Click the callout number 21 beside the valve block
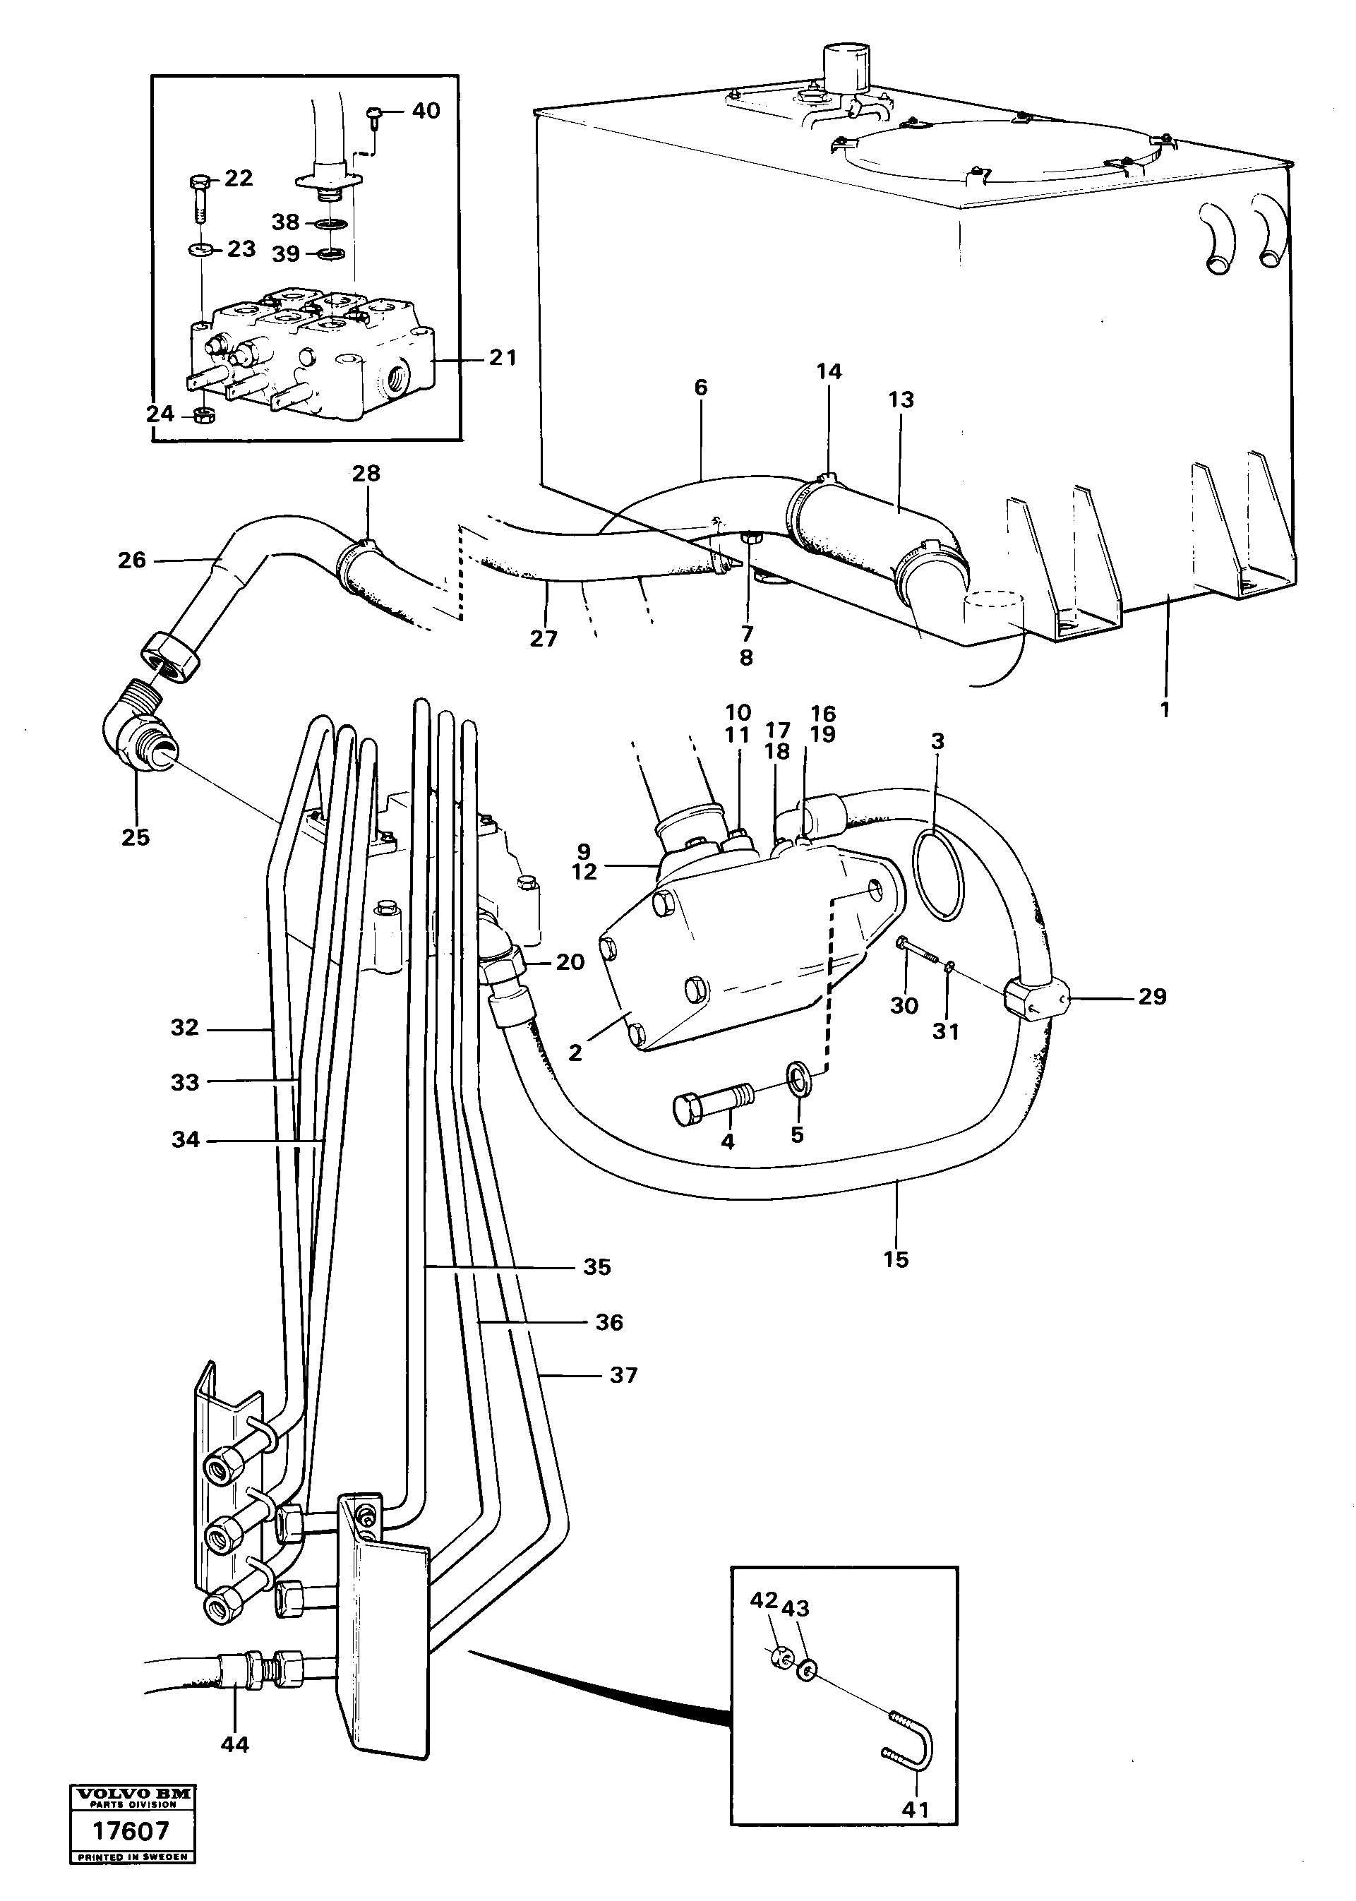click(x=503, y=358)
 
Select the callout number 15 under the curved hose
click(x=895, y=1260)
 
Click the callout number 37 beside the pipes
click(x=624, y=1375)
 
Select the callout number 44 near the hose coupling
click(x=234, y=1745)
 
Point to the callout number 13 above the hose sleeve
click(x=901, y=400)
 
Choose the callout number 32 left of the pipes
click(x=184, y=1028)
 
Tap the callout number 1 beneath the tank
click(x=1165, y=709)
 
